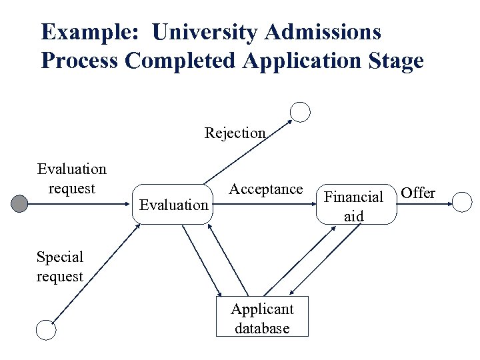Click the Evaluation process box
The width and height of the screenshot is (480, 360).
coord(173,204)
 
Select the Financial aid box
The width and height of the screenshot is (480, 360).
coord(354,205)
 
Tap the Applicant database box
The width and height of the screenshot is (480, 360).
coord(262,317)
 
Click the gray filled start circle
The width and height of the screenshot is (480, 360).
coord(21,203)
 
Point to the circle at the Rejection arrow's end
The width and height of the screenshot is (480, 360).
coord(301,111)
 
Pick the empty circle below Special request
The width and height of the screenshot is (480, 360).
coord(45,329)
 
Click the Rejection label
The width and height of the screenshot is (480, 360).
coord(235,133)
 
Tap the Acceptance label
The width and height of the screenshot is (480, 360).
coord(265,189)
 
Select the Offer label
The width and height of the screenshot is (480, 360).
coord(419,193)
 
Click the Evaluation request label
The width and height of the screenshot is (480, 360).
coord(71,179)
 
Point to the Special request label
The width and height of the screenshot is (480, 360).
coord(60,266)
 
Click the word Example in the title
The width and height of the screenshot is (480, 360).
coord(89,31)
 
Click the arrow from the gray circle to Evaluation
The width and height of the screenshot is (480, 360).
coord(80,204)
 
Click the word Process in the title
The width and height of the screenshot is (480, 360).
coord(80,61)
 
